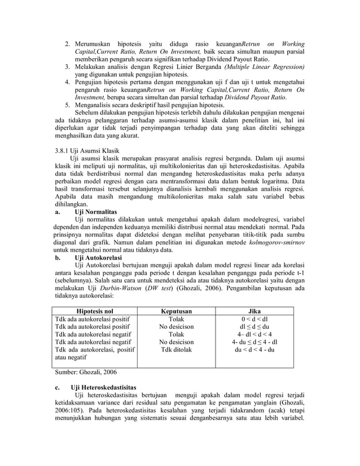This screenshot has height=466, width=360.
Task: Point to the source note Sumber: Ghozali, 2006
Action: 86,373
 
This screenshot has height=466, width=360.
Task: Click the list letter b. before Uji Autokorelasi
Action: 58,257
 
